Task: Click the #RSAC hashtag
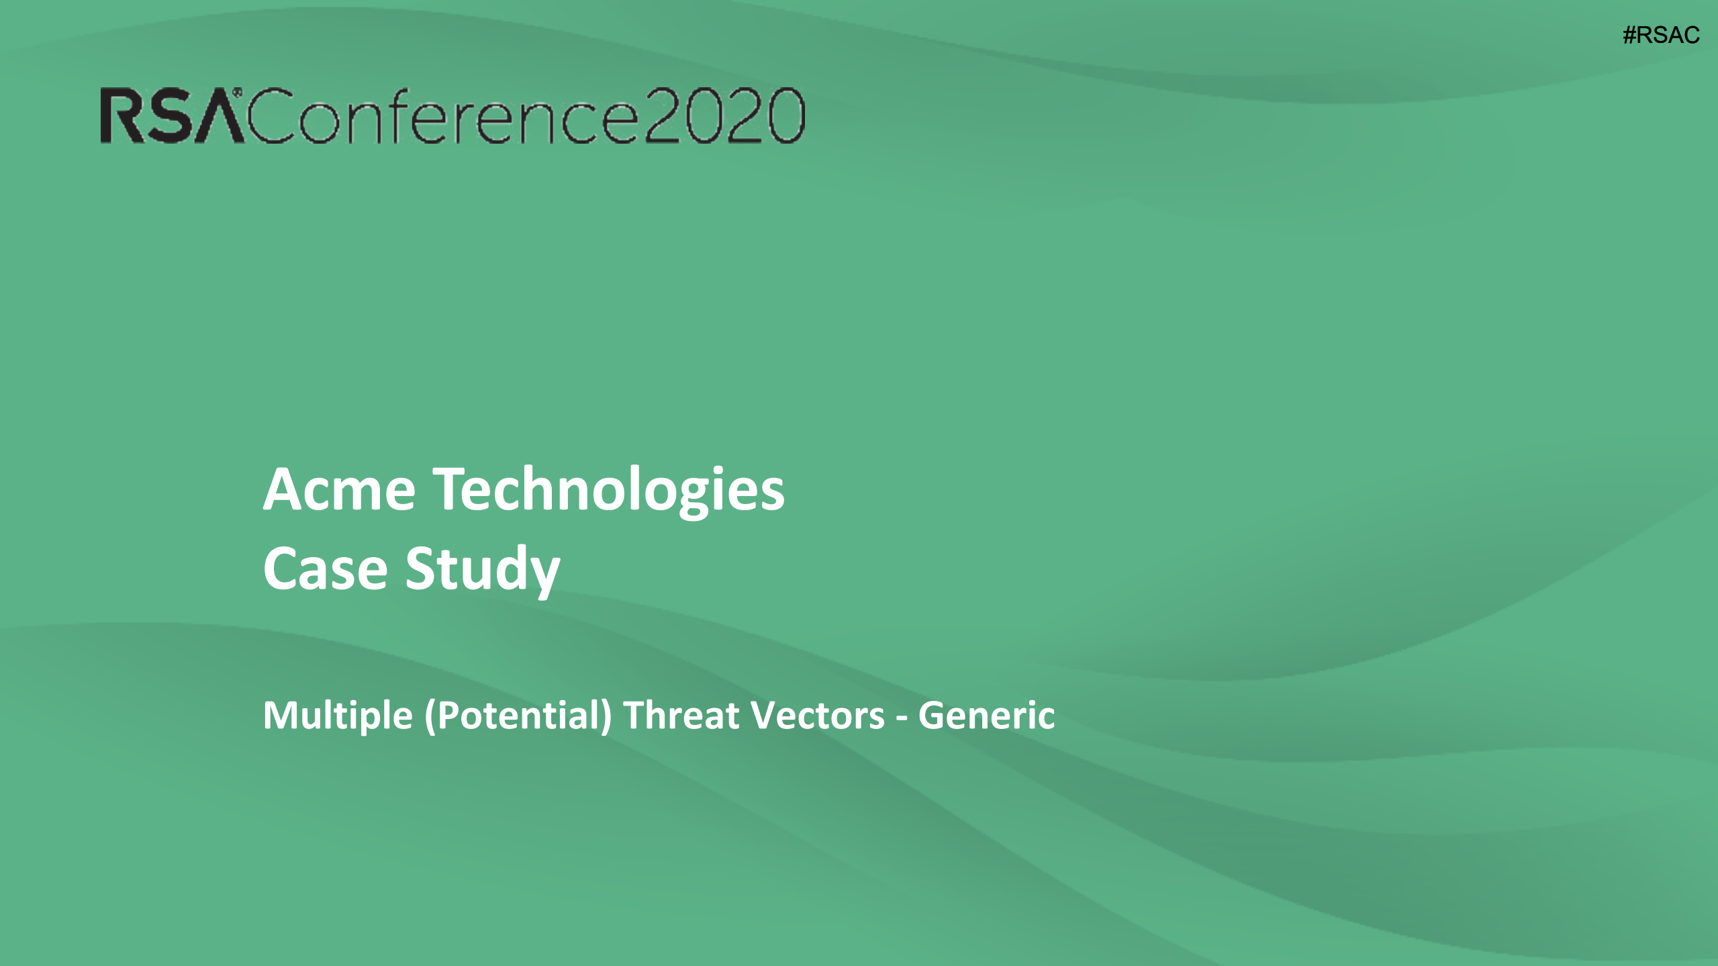(1661, 35)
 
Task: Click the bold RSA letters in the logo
(171, 116)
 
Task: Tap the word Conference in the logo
(443, 116)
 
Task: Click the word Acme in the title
(339, 490)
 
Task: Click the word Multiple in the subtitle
(338, 716)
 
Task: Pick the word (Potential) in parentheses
(518, 716)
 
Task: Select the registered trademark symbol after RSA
(237, 92)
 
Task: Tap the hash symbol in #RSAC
(1629, 35)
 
